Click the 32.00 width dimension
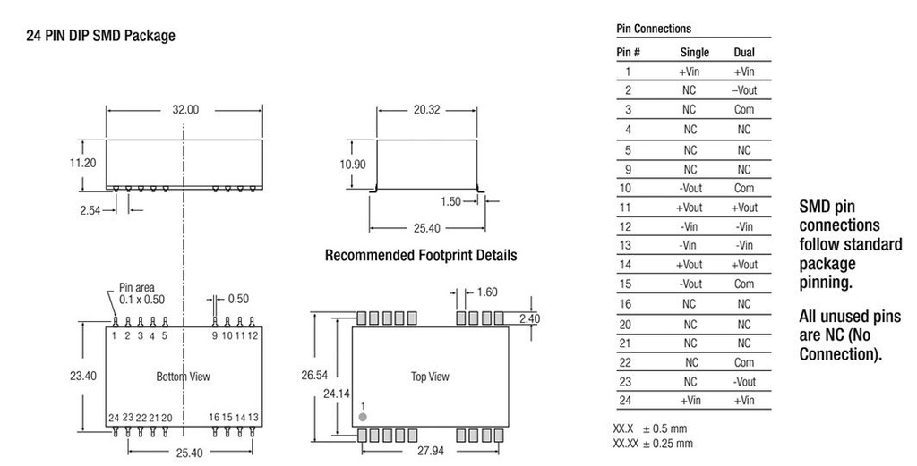184,110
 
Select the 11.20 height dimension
82,164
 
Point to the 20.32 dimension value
427,110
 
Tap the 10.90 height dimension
353,165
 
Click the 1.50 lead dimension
451,201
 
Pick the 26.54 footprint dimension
314,376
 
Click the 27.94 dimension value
430,451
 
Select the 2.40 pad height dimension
529,318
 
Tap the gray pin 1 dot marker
363,417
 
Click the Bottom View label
183,377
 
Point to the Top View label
430,377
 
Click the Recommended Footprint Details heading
421,256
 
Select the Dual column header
744,53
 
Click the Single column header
695,53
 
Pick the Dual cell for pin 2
744,90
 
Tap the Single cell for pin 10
690,188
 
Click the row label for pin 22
625,362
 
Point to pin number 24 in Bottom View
114,418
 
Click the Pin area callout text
141,293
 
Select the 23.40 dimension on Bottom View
83,376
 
